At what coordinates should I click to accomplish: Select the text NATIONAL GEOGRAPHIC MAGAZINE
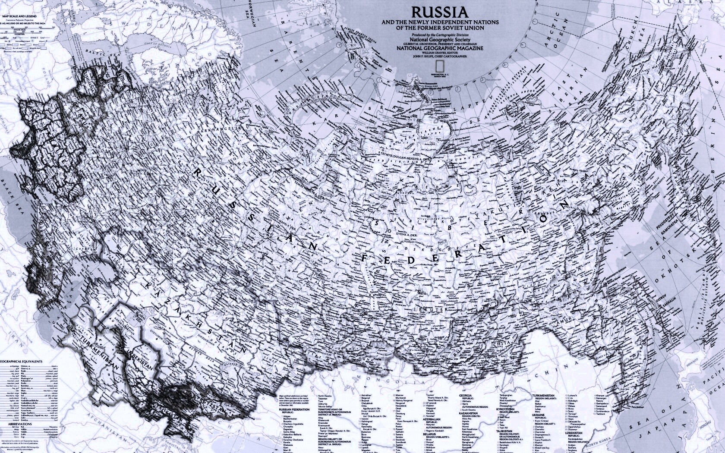(440, 48)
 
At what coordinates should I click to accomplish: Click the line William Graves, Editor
(440, 52)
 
